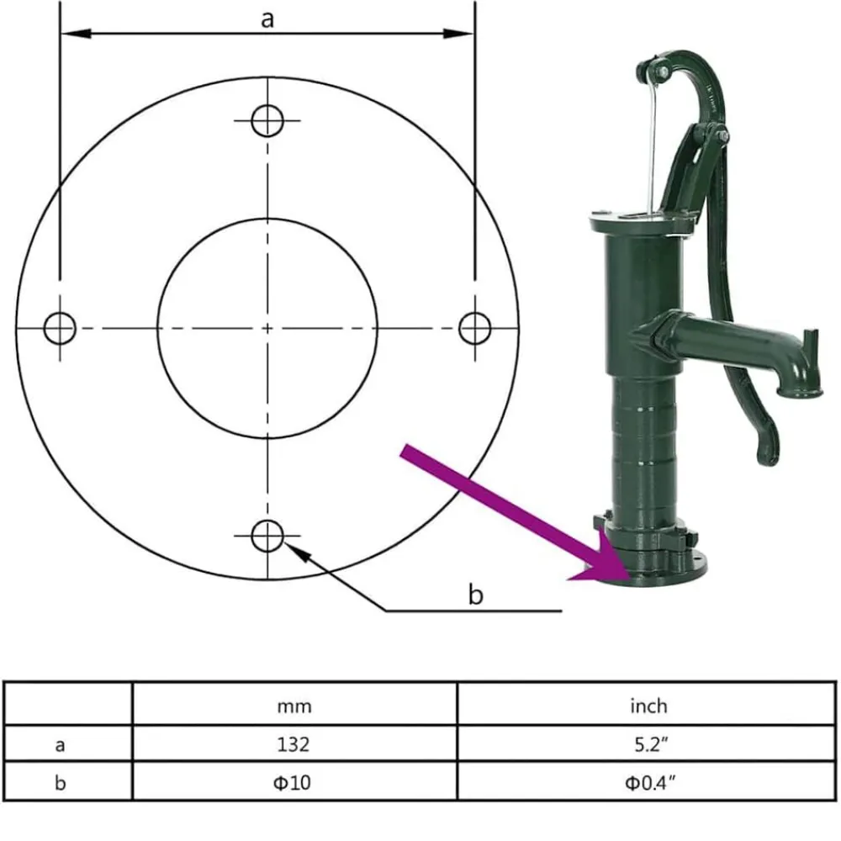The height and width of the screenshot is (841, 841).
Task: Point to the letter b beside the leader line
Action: pos(475,595)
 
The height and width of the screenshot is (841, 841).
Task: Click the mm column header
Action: pos(294,706)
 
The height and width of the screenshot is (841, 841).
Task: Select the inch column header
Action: pos(648,706)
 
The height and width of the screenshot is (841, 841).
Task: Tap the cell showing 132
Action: pos(294,744)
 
